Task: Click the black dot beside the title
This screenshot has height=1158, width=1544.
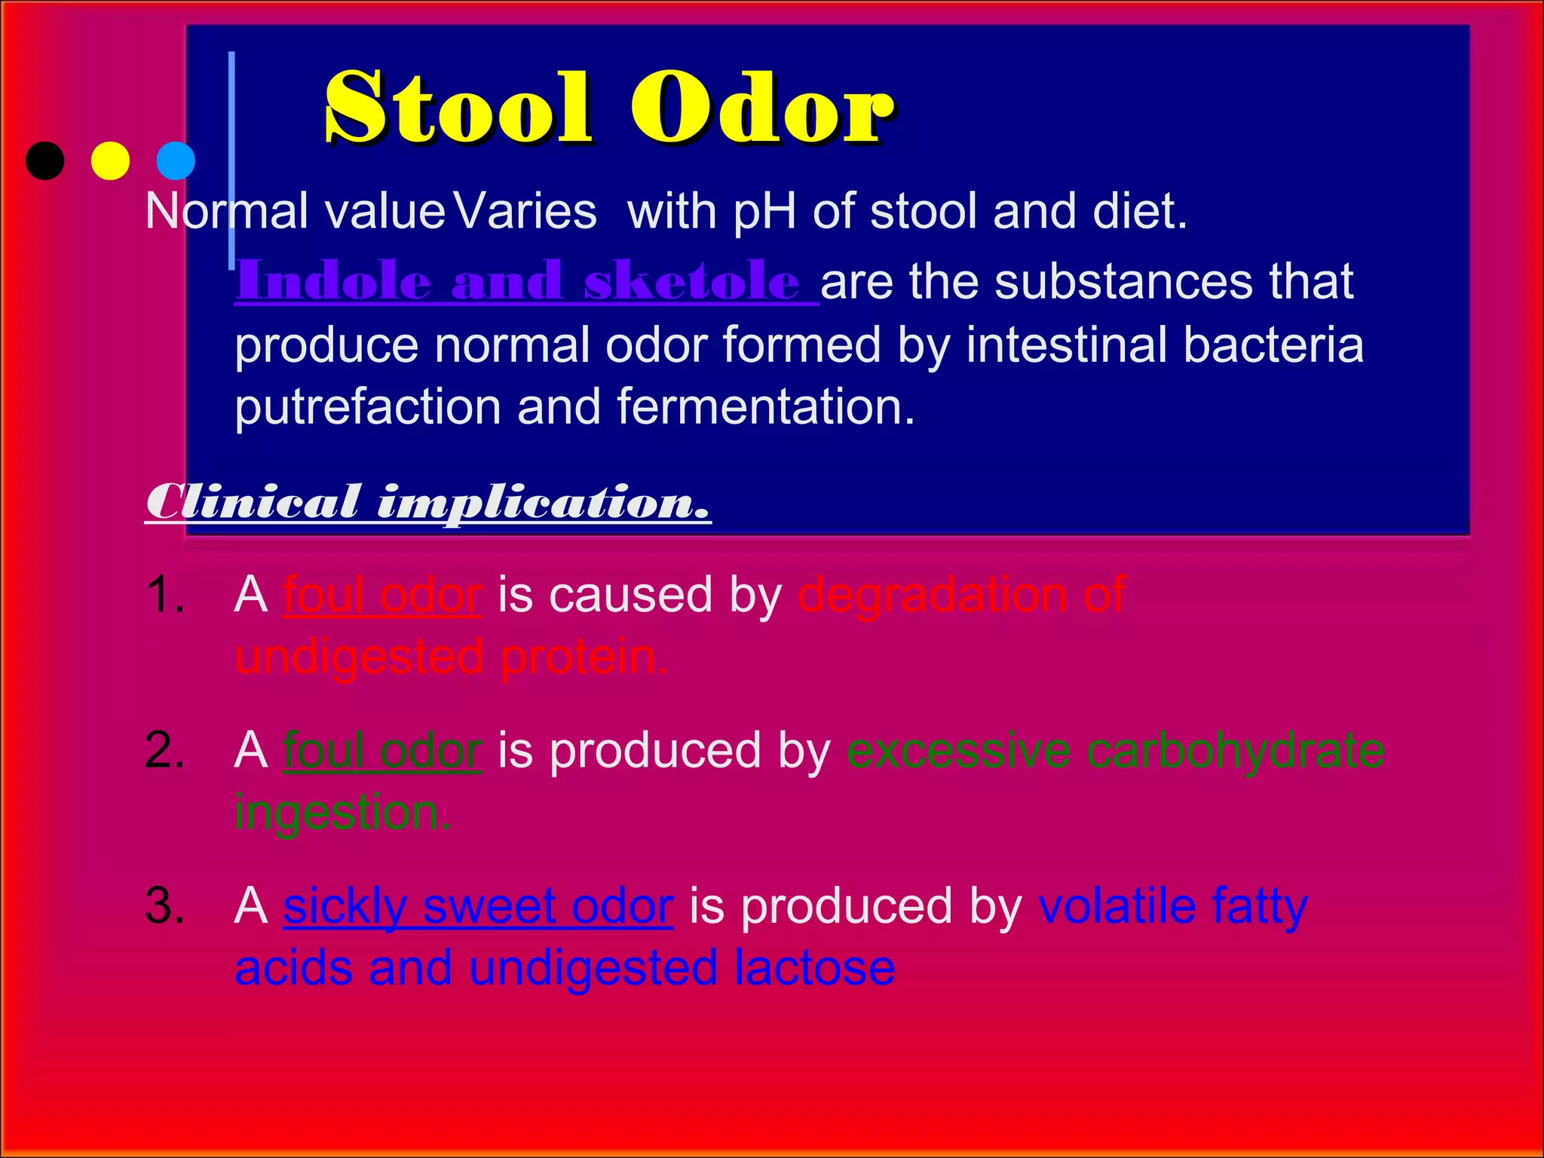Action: click(x=45, y=161)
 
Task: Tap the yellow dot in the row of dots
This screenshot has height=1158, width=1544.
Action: click(x=110, y=161)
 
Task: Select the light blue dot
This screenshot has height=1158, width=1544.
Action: click(x=176, y=161)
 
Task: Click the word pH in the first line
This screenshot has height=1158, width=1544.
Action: click(x=764, y=212)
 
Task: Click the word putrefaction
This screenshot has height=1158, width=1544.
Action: click(x=368, y=408)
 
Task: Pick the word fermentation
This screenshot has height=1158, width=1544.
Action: click(x=765, y=408)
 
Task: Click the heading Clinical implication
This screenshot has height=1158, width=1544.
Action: click(x=427, y=502)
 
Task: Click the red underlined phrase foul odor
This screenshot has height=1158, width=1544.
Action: click(x=382, y=595)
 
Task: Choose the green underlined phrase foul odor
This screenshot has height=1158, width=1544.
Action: click(x=382, y=751)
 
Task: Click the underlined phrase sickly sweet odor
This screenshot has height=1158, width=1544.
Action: click(x=478, y=906)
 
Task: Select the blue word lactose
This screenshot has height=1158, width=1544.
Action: click(x=814, y=968)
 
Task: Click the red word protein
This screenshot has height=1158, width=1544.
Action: click(x=584, y=657)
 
